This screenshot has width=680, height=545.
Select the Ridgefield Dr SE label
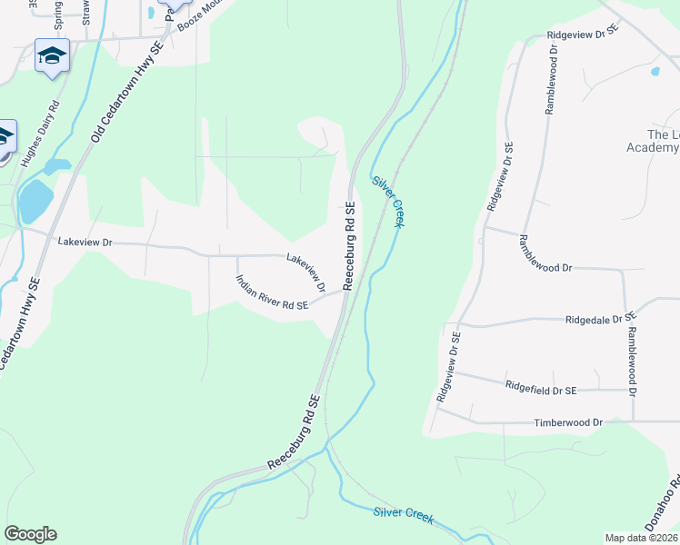(x=541, y=388)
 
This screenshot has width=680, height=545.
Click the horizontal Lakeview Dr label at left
(x=84, y=243)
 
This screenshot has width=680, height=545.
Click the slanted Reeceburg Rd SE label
(x=295, y=432)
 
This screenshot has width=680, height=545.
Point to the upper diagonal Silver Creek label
(x=387, y=201)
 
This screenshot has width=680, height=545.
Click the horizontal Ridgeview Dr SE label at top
(x=583, y=32)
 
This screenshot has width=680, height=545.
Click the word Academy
(x=653, y=147)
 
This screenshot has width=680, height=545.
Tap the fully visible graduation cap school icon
(x=52, y=55)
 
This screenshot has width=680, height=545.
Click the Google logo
(x=30, y=534)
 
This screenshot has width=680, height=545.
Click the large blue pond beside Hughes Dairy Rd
(x=35, y=201)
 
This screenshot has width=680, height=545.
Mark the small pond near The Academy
(x=655, y=70)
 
